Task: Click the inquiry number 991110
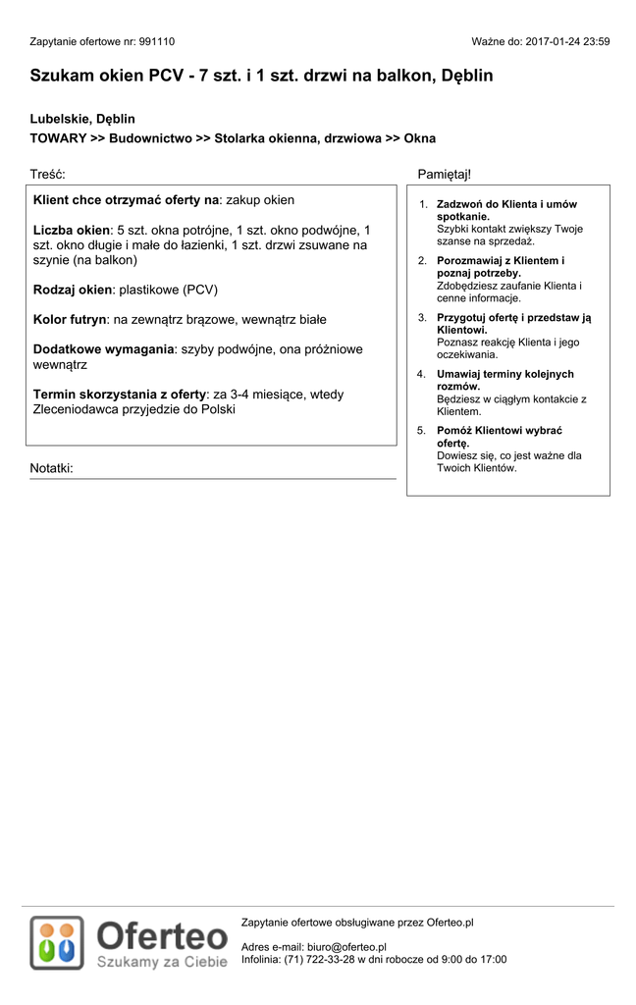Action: click(x=156, y=42)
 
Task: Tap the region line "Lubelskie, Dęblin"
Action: click(x=82, y=119)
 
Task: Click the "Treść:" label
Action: click(x=47, y=174)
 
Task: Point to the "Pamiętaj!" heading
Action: click(x=444, y=174)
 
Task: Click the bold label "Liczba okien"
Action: click(x=72, y=230)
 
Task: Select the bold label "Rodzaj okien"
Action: click(x=73, y=290)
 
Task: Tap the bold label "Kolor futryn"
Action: click(x=70, y=319)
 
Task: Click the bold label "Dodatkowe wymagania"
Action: click(x=104, y=349)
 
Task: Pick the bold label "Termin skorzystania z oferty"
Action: click(x=120, y=395)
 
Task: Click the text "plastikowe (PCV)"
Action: click(x=168, y=290)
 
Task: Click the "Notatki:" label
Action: click(x=51, y=468)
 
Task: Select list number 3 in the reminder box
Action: click(x=422, y=318)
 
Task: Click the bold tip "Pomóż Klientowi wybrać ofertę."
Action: click(x=500, y=437)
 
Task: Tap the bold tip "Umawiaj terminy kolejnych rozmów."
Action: click(x=504, y=380)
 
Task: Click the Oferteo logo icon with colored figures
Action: click(x=57, y=943)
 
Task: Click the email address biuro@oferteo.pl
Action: click(x=346, y=947)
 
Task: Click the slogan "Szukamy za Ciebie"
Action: click(x=162, y=963)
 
